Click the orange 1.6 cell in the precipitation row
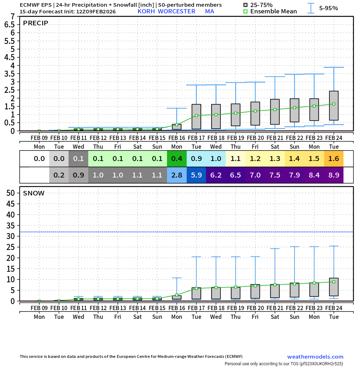pyautogui.click(x=334, y=159)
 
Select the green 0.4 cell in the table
pyautogui.click(x=177, y=159)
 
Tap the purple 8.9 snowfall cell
pyautogui.click(x=334, y=175)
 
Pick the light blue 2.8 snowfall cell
pyautogui.click(x=177, y=175)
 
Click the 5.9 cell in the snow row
pyautogui.click(x=197, y=175)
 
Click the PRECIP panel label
pyautogui.click(x=36, y=23)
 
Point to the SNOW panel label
pyautogui.click(x=34, y=193)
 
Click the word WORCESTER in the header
pyautogui.click(x=176, y=11)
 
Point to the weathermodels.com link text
pyautogui.click(x=315, y=357)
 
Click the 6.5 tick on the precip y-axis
pyautogui.click(x=10, y=25)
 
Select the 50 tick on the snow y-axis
pyautogui.click(x=11, y=193)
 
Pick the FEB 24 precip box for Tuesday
pyautogui.click(x=334, y=105)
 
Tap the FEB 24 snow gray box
pyautogui.click(x=334, y=287)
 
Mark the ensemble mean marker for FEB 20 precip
pyautogui.click(x=255, y=111)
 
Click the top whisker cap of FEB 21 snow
pyautogui.click(x=275, y=249)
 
